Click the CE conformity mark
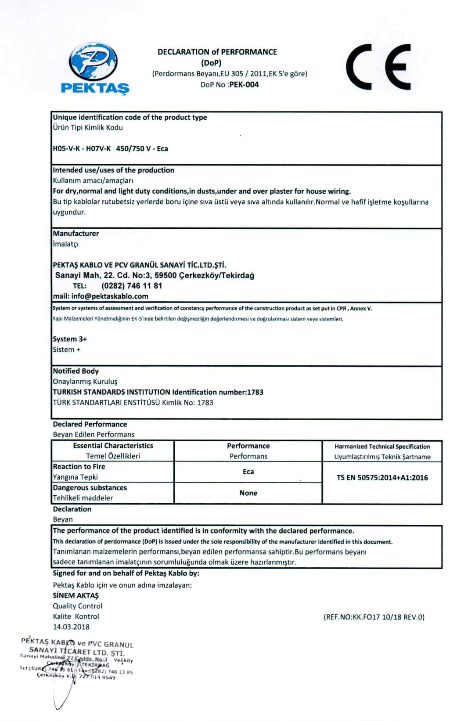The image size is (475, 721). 378,67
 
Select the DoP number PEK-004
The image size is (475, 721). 244,85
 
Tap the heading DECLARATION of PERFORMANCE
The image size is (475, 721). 217,52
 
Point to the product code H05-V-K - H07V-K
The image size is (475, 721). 82,148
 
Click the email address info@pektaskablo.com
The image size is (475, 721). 109,296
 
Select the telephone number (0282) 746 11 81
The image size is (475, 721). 132,286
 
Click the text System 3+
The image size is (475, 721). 70,339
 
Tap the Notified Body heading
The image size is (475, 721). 76,371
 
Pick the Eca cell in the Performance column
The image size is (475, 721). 248,472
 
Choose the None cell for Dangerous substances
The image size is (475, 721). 248,493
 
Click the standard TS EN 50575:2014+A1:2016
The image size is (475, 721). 382,478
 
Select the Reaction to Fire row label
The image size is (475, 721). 79,467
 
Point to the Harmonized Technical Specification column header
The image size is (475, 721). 382,447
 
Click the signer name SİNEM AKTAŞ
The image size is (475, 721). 76,595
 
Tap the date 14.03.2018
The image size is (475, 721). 71,627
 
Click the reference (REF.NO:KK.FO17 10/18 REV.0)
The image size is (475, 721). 374,617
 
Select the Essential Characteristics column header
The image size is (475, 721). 113,446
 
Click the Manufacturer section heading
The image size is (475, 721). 76,234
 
